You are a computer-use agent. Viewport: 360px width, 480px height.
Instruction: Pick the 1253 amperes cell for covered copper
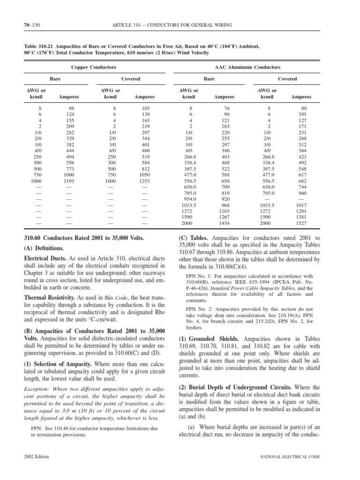pyautogui.click(x=144, y=180)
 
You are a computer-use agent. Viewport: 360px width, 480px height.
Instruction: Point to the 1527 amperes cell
pyautogui.click(x=301, y=225)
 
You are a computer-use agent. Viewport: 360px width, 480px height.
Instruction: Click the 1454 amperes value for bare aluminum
pyautogui.click(x=224, y=225)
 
